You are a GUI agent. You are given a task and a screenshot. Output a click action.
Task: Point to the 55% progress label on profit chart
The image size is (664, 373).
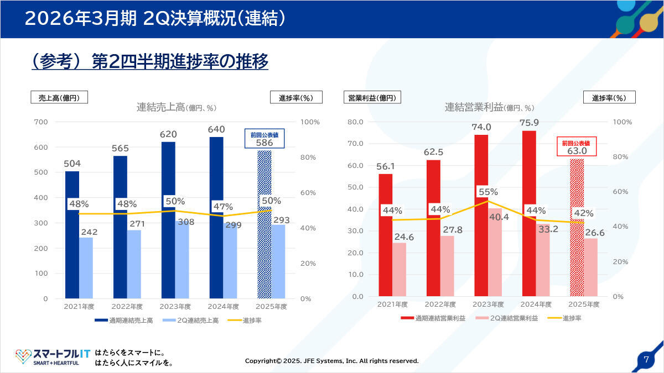pos(488,192)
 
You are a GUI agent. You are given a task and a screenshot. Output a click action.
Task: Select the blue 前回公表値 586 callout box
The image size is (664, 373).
pos(264,139)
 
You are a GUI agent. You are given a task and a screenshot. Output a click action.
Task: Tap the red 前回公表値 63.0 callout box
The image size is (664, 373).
pos(577,147)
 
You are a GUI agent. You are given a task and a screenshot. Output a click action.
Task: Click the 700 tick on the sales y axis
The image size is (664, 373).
pos(41,122)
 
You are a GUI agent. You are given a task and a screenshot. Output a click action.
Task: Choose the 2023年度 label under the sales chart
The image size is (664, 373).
pos(175,307)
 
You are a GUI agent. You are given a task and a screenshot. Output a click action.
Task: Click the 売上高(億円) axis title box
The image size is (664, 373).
pos(59,97)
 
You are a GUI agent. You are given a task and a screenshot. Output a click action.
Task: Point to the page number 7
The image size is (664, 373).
pos(646,359)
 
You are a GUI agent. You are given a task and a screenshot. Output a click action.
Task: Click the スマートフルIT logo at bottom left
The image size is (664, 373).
pos(53,357)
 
